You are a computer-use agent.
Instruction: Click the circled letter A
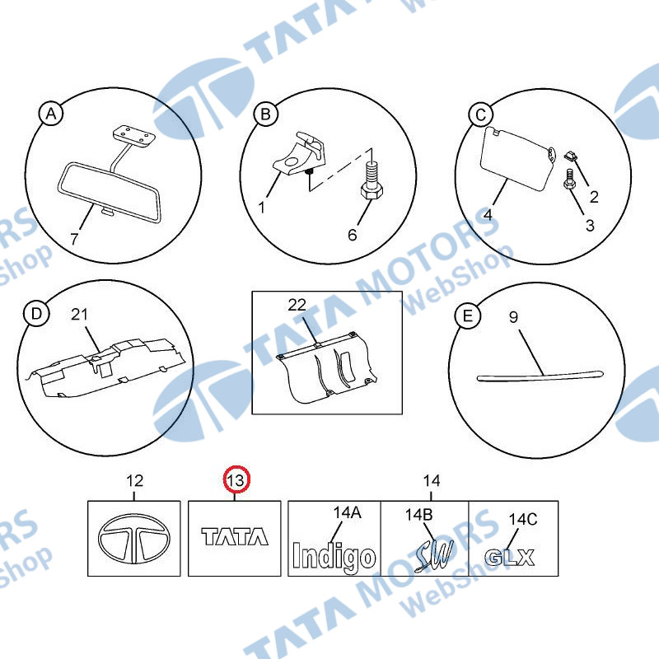click(51, 114)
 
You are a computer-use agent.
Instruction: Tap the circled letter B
click(265, 114)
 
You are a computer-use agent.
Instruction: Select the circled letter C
click(481, 115)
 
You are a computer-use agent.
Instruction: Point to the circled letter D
click(36, 314)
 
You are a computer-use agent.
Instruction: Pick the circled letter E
click(467, 316)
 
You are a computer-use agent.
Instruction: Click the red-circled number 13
click(236, 479)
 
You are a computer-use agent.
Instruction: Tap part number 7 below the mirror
click(74, 239)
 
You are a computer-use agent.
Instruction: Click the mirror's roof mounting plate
click(133, 136)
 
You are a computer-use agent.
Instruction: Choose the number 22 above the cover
click(297, 305)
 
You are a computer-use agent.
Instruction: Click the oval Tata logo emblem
click(134, 539)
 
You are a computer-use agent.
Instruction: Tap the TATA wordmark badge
click(235, 537)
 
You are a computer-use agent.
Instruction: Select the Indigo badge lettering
click(334, 558)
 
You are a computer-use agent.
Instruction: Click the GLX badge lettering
click(509, 558)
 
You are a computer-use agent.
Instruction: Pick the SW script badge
click(434, 555)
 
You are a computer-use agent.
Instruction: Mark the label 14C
click(523, 520)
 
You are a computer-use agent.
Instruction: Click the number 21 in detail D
click(79, 315)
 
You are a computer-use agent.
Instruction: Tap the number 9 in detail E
click(513, 317)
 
